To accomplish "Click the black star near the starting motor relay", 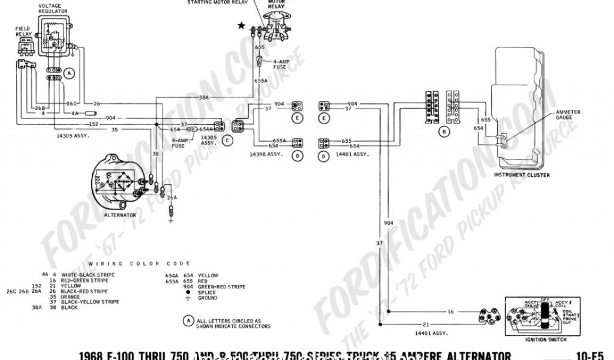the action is (242, 25).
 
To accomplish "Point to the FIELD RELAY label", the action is (23, 31).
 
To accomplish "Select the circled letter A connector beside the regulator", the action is (70, 74).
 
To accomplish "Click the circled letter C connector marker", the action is (227, 140).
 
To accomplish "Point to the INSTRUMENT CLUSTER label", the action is (521, 175).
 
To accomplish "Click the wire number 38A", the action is (204, 97).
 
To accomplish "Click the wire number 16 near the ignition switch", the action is (450, 312).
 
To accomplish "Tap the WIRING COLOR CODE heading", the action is (139, 263).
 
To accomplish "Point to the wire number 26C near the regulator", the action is (71, 103).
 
